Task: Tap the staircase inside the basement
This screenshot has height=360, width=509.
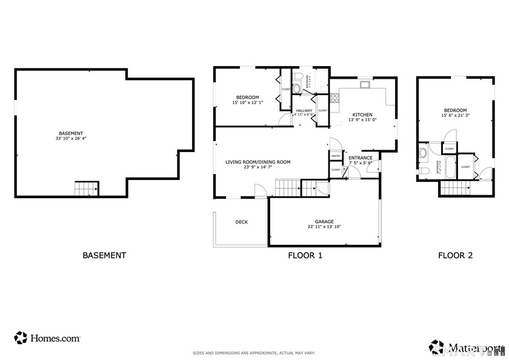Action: [x=86, y=188]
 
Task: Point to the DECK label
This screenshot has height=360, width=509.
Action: [x=241, y=222]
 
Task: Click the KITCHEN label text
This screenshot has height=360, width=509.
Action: [x=362, y=115]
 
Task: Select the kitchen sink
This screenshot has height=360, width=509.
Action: [x=365, y=85]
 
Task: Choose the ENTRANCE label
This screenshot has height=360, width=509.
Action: [x=361, y=158]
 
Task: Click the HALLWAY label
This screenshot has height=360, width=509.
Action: [x=304, y=110]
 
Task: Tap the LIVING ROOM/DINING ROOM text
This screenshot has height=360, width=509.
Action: [x=258, y=162]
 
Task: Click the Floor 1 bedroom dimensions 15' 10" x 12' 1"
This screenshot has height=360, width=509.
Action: [x=247, y=102]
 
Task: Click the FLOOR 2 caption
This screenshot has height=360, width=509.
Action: [x=455, y=256]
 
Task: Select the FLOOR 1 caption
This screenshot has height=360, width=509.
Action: [x=305, y=256]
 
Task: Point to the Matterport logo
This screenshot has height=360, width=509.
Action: [x=467, y=348]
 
